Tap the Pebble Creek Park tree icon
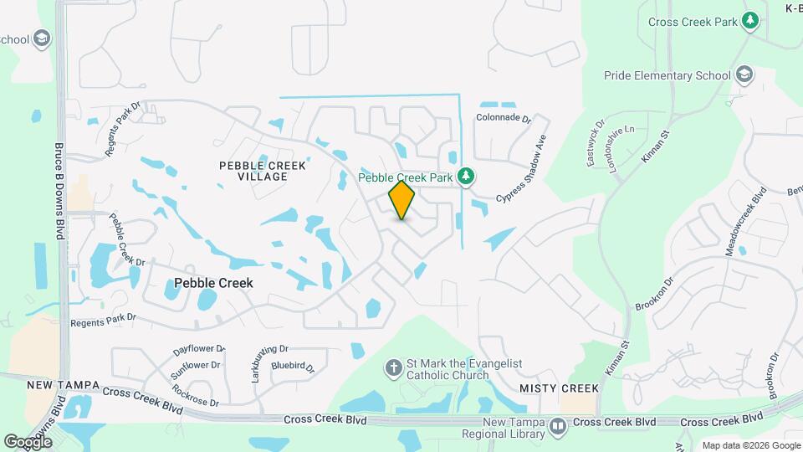pyautogui.click(x=467, y=177)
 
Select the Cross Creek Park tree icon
pyautogui.click(x=751, y=21)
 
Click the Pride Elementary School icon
pyautogui.click(x=743, y=75)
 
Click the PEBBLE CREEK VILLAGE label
pyautogui.click(x=263, y=171)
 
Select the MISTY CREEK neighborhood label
pyautogui.click(x=559, y=388)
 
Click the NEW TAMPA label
pyautogui.click(x=64, y=385)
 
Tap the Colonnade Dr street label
pyautogui.click(x=504, y=118)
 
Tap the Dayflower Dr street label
pyautogui.click(x=199, y=348)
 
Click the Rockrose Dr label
pyautogui.click(x=195, y=394)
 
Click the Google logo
pyautogui.click(x=28, y=441)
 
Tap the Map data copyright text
pyautogui.click(x=750, y=445)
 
